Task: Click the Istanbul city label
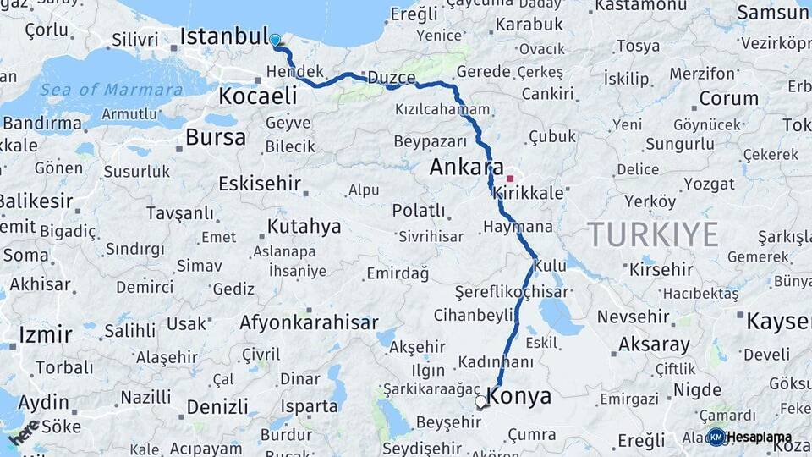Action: (x=223, y=37)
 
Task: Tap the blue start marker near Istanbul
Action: (x=275, y=40)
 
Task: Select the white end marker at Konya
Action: (x=481, y=402)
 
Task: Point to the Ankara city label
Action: (x=466, y=167)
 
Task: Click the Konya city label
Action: (x=519, y=396)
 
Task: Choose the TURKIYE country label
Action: (x=653, y=234)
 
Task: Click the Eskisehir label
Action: (x=260, y=184)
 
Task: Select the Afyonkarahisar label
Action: (x=309, y=322)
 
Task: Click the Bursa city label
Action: (x=216, y=137)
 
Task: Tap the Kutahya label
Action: (x=304, y=226)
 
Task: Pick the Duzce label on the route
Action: (x=391, y=79)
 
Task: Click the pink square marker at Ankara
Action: (x=510, y=179)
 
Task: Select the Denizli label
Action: (x=217, y=407)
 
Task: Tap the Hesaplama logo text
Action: (x=759, y=438)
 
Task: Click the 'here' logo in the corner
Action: (x=24, y=432)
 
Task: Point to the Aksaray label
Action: (x=654, y=345)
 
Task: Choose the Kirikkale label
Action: (x=531, y=194)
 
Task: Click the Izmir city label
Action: (x=45, y=334)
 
